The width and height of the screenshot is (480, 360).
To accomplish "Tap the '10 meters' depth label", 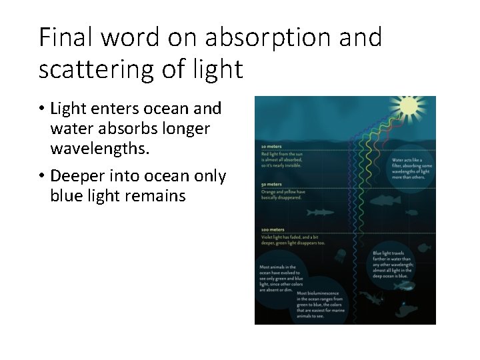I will click(x=271, y=146).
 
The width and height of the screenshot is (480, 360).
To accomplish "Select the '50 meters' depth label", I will click(x=271, y=185).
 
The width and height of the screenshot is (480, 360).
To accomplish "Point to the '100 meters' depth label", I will click(x=273, y=230).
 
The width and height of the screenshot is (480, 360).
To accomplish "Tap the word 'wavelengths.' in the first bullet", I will click(x=100, y=147).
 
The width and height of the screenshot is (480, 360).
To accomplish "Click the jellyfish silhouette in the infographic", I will click(x=340, y=254).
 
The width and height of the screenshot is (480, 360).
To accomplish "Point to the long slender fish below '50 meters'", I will click(x=319, y=213).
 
